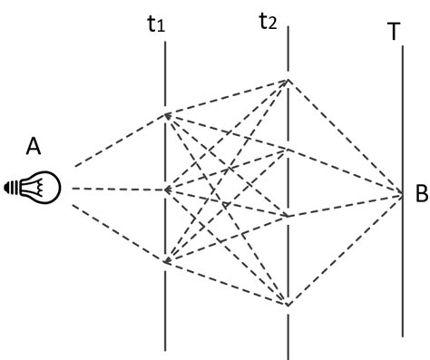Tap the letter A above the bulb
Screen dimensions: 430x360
34,146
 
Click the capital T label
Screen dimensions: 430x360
393,32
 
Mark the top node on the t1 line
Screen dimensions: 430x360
166,114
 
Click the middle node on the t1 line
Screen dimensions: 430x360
166,190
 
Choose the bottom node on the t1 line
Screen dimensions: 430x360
166,263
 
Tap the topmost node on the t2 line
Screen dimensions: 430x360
288,80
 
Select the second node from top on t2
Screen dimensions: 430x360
288,148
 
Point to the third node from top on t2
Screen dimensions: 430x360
288,216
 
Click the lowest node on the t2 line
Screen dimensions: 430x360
288,303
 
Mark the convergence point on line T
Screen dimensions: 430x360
402,193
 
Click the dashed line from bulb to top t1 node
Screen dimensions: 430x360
118,141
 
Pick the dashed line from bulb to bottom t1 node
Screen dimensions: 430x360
118,235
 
